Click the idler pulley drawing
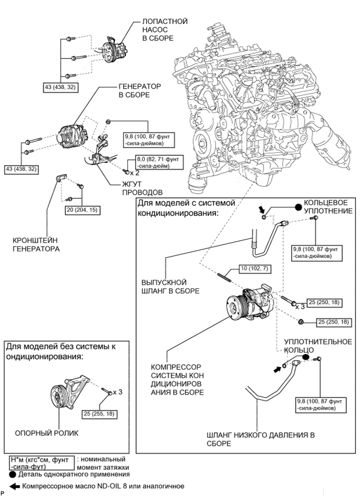(x=69, y=393)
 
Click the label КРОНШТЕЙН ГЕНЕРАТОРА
(x=36, y=245)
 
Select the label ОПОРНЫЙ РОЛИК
(x=46, y=433)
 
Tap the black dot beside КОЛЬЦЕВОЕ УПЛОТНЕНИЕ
(x=298, y=207)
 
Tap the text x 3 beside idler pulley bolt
(x=117, y=392)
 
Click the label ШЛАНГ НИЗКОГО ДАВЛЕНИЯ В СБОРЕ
(x=260, y=439)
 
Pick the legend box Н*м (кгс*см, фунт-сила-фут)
(x=42, y=463)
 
